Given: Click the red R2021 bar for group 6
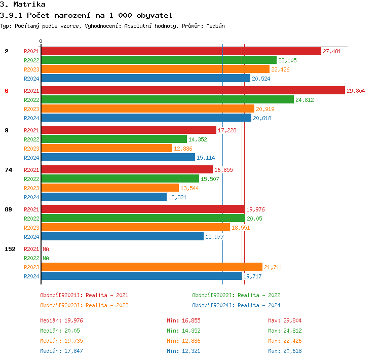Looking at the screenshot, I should click(193, 91).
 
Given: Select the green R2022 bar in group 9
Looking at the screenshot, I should click(114, 139).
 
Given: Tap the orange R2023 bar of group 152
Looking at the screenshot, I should click(151, 267).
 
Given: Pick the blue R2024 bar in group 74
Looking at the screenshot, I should click(104, 197).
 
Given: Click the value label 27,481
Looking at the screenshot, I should click(332, 51).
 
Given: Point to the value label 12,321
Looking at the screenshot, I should click(177, 197).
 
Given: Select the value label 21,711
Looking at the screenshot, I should click(273, 267).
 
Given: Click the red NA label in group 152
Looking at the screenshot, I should click(46, 249).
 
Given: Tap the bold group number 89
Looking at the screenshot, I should click(8, 209).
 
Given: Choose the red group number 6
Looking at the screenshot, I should click(7, 91).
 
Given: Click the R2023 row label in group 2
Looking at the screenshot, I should click(31, 69).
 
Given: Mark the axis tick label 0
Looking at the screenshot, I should click(41, 41).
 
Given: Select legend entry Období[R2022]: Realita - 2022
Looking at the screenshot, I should click(236, 295).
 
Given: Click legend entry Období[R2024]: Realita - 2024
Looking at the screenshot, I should click(236, 305).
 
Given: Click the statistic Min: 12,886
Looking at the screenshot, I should click(183, 341).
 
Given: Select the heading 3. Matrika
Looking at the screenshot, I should click(23, 5).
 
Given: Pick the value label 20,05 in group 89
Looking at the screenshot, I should click(255, 219).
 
